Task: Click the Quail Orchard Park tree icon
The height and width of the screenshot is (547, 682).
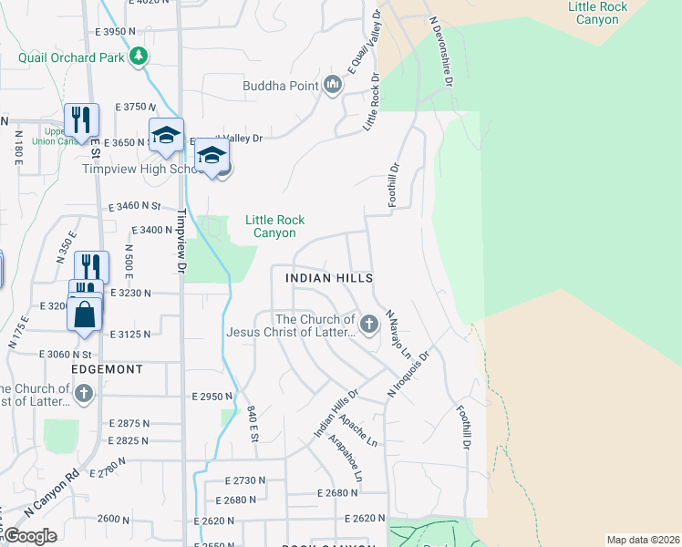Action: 138,57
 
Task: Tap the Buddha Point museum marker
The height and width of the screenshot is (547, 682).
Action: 332,87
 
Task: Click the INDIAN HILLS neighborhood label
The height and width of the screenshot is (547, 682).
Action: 329,277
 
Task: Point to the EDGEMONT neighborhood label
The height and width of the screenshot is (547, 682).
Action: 108,369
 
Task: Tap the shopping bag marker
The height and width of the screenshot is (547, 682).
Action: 84,315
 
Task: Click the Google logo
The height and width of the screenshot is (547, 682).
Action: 31,536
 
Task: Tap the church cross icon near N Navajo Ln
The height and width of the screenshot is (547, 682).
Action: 369,324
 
